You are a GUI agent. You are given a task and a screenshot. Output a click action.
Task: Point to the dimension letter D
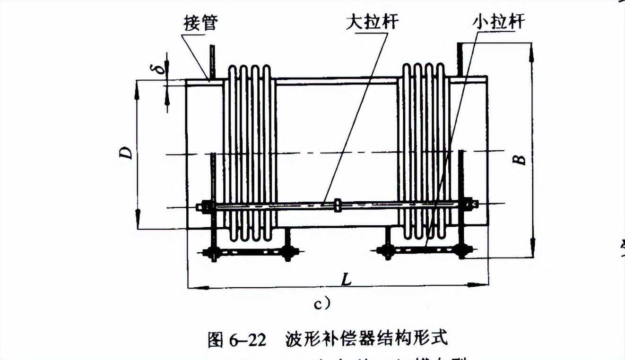(126, 153)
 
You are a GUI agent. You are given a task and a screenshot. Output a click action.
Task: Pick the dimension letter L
(346, 280)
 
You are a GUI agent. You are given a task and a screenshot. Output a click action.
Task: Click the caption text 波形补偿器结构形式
(366, 339)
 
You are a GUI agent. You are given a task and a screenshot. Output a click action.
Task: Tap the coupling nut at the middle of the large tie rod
(338, 205)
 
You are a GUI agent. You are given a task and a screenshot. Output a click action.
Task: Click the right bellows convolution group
(424, 151)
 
